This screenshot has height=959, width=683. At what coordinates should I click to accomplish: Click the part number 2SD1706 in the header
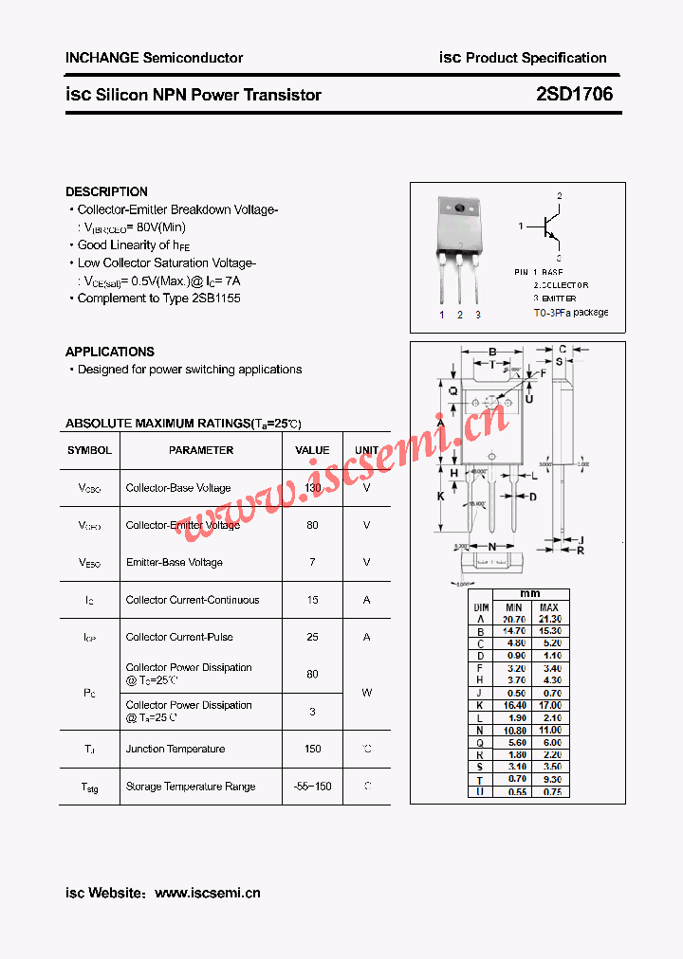[x=575, y=95]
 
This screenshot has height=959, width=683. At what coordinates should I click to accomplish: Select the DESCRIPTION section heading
[x=106, y=191]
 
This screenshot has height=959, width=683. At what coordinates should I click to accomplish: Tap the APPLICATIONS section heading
[x=110, y=352]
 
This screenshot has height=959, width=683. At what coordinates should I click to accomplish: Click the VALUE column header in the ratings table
[x=312, y=450]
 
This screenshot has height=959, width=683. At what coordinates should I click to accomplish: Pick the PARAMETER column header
[x=201, y=450]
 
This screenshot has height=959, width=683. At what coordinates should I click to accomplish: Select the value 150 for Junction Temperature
[x=312, y=749]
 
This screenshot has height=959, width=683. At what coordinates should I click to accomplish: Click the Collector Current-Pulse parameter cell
[x=179, y=637]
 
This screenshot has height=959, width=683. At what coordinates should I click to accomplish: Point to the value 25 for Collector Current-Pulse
[x=312, y=637]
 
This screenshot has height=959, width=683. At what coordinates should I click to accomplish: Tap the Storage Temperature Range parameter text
[x=191, y=787]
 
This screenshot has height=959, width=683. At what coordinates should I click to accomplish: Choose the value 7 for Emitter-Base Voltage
[x=312, y=562]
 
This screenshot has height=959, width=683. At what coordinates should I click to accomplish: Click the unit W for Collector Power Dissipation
[x=366, y=693]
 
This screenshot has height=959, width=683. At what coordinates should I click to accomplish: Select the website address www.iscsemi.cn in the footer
[x=207, y=893]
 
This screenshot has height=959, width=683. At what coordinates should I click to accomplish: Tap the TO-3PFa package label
[x=570, y=313]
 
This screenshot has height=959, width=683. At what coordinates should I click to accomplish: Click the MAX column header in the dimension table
[x=548, y=607]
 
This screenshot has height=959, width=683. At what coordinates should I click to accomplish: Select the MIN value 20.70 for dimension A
[x=513, y=619]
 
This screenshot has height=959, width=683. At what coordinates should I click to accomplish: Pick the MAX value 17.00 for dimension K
[x=548, y=705]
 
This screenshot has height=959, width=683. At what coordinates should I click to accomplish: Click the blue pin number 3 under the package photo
[x=478, y=315]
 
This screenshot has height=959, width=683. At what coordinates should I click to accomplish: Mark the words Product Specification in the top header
[x=536, y=58]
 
